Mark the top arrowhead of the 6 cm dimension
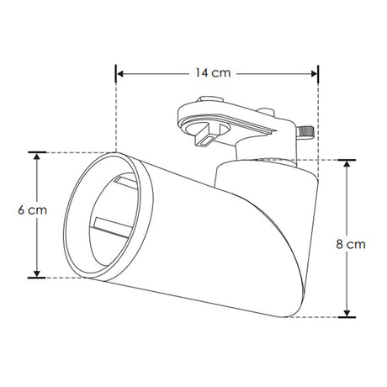(x=37, y=156)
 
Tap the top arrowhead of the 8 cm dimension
(x=346, y=162)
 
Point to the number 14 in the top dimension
(x=202, y=73)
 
